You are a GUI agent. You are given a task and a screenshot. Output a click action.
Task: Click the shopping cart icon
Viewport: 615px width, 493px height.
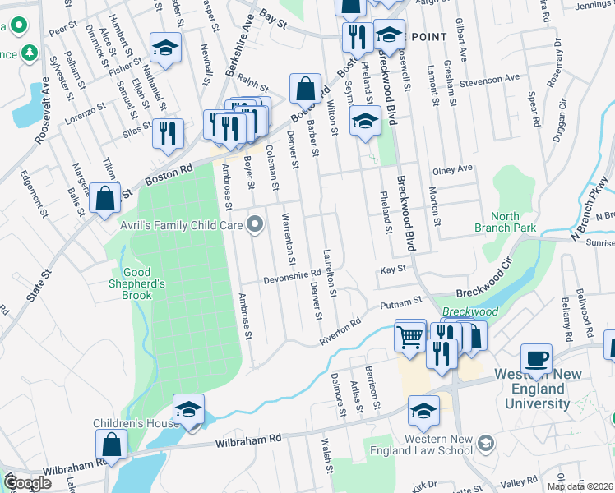409,334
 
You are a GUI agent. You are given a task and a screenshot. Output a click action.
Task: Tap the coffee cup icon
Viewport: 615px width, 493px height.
536,358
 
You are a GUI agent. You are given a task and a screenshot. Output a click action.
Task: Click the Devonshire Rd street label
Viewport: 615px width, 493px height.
291,277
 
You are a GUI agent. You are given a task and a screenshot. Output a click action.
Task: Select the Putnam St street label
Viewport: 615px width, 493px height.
400,304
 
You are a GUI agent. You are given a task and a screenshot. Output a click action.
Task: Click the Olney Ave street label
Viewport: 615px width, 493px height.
452,169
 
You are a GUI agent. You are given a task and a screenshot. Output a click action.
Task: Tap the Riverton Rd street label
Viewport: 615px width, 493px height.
340,332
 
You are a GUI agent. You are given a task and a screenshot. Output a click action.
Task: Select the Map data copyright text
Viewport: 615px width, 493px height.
580,486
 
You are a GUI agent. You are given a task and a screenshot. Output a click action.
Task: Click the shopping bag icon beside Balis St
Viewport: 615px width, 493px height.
105,198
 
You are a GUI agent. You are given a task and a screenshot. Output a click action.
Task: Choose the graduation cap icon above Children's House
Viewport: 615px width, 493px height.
188,409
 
